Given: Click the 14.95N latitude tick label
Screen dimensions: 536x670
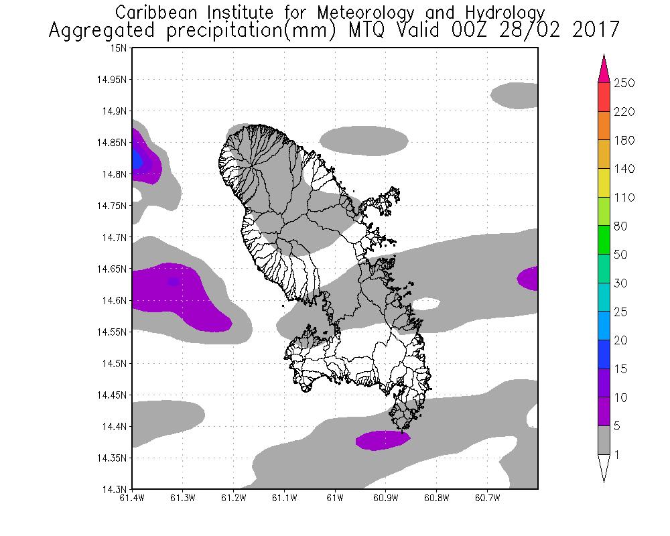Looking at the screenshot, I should [113, 80].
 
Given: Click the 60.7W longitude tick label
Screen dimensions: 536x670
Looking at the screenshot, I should [486, 498].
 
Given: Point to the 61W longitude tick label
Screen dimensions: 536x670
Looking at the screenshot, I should [335, 498].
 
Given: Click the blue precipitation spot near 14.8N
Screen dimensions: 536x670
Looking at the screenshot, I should [137, 159].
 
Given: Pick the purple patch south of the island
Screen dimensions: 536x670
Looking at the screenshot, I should [381, 440].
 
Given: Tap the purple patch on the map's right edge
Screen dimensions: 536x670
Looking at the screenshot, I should [529, 278].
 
